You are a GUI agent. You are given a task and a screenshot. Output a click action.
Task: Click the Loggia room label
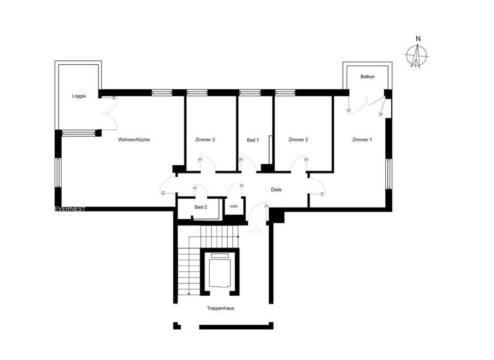click(x=78, y=96)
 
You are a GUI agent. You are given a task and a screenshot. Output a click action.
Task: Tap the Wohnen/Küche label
click(x=134, y=139)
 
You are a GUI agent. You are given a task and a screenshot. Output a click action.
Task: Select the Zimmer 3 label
click(x=205, y=139)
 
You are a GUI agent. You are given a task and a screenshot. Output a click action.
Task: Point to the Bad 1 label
click(x=253, y=139)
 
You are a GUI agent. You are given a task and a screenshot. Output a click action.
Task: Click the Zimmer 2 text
click(x=298, y=139)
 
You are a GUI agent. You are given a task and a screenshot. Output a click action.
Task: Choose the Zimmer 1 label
click(x=361, y=139)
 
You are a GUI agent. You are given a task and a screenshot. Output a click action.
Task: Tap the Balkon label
click(x=367, y=76)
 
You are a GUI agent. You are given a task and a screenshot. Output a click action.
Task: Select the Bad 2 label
click(x=201, y=207)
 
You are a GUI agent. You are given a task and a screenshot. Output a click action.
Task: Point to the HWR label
click(x=233, y=207)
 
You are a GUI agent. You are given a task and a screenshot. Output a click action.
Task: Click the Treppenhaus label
click(x=220, y=309)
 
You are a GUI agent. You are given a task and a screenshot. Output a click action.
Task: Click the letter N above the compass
click(x=418, y=39)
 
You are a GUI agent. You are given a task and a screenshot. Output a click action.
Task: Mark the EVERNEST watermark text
click(x=70, y=209)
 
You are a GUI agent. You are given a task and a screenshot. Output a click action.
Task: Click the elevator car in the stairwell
click(x=220, y=271)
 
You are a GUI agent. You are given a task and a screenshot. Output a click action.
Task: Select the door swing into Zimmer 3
click(x=207, y=166)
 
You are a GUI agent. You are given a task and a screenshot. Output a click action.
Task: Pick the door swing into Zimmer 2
click(x=300, y=166)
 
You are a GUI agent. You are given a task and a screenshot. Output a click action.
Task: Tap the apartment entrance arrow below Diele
click(x=257, y=228)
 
